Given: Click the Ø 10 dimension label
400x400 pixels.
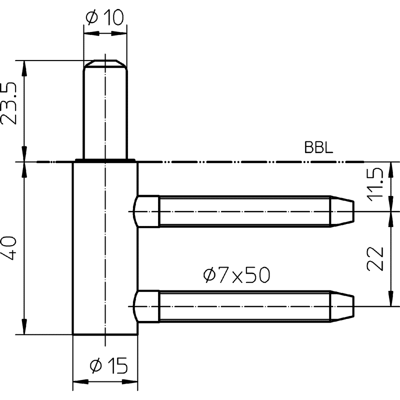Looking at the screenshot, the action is (x=105, y=17).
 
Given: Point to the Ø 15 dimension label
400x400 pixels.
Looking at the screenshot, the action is (x=108, y=365).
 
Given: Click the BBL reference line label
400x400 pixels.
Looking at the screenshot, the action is (x=319, y=147).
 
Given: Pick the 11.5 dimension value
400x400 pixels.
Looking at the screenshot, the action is (x=375, y=184).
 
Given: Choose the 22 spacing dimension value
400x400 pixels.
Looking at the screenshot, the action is (x=375, y=259).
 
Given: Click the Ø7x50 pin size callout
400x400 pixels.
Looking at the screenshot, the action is (x=236, y=275).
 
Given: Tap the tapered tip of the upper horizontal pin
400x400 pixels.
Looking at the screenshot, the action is (x=342, y=211).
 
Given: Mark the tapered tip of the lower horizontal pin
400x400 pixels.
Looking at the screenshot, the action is (x=342, y=306).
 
